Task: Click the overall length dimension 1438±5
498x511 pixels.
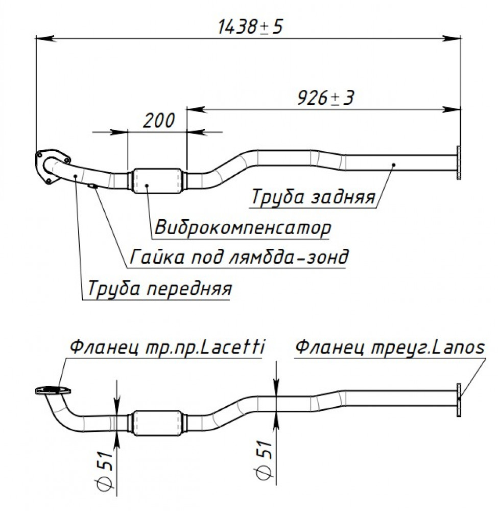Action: [250, 27]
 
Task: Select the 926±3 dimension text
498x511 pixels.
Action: [325, 98]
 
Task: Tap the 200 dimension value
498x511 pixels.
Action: [159, 121]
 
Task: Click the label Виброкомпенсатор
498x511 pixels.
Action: [243, 227]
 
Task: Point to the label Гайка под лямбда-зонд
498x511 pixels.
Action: [239, 257]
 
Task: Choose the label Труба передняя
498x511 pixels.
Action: [159, 288]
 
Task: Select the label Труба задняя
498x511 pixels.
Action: [313, 197]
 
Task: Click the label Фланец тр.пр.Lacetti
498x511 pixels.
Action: [167, 347]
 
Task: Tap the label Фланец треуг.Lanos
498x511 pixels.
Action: [390, 347]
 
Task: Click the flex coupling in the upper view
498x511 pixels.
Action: [157, 180]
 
